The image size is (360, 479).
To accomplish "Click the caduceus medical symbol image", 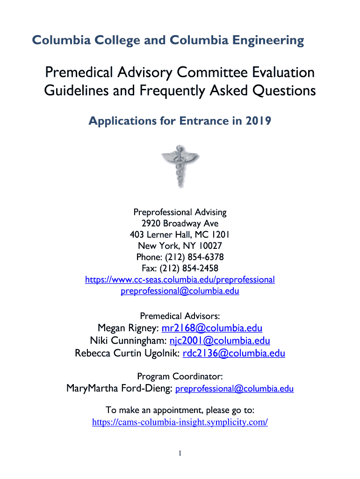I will pyautogui.click(x=180, y=166).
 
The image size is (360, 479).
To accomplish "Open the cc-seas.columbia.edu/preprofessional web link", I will pyautogui.click(x=180, y=280).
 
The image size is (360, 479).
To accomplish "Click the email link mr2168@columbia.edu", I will pyautogui.click(x=212, y=327).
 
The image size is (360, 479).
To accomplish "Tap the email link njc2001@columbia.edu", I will pyautogui.click(x=218, y=341).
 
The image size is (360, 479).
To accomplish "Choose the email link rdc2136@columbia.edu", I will pyautogui.click(x=231, y=354).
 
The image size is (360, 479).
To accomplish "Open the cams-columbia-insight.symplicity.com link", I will pyautogui.click(x=180, y=422).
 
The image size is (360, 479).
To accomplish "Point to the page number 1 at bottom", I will pyautogui.click(x=180, y=453).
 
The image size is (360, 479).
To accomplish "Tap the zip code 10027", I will pyautogui.click(x=209, y=246).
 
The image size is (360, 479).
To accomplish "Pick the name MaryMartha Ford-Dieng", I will pyautogui.click(x=119, y=389).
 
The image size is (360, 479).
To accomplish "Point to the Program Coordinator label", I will pyautogui.click(x=180, y=376).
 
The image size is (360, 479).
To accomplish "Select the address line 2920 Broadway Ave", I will pyautogui.click(x=180, y=224).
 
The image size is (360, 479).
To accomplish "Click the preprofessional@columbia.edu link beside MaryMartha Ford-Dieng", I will pyautogui.click(x=235, y=389).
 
